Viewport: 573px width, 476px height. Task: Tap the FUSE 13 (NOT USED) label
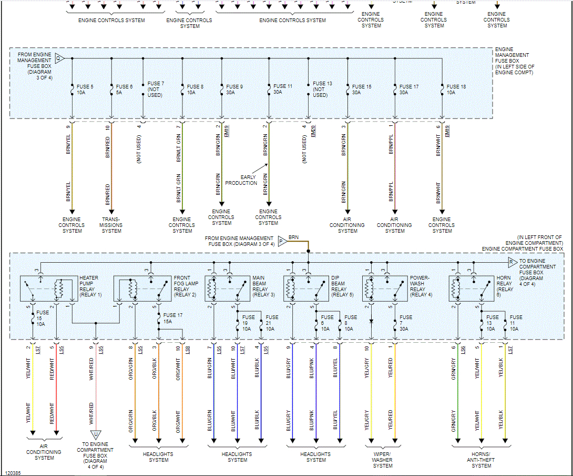pos(322,90)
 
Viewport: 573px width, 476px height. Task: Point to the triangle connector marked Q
pos(59,58)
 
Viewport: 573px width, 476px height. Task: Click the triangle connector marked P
pos(281,242)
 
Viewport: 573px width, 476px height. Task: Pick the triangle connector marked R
pos(513,262)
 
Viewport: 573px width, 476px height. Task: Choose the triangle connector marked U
pos(96,435)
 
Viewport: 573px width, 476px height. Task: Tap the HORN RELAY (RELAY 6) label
pos(505,286)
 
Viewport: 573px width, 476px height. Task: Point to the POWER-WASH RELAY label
pos(421,286)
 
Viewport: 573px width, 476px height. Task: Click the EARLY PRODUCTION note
pos(241,180)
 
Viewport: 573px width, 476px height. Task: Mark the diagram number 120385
pos(13,473)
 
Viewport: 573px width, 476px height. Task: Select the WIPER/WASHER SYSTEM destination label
pos(382,460)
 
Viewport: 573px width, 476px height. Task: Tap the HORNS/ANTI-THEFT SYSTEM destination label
pos(481,460)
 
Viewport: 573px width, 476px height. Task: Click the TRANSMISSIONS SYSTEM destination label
pos(111,225)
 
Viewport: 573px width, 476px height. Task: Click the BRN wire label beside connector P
pos(294,237)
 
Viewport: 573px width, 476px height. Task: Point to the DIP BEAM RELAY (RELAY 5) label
pos(342,286)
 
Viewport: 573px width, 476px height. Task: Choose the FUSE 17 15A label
pos(169,318)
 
